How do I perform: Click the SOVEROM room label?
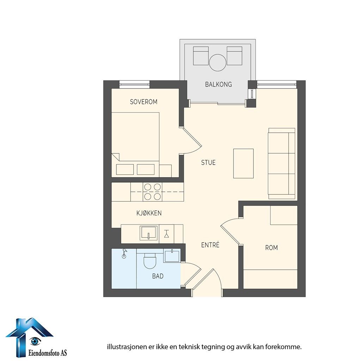click(x=144, y=102)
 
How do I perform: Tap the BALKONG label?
click(x=218, y=85)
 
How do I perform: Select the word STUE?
click(x=208, y=163)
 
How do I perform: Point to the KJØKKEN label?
click(x=149, y=213)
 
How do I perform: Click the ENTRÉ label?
click(x=210, y=245)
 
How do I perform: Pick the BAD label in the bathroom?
click(x=158, y=276)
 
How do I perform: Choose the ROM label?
click(x=271, y=248)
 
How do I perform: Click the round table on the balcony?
click(x=218, y=62)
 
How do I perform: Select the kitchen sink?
click(x=149, y=233)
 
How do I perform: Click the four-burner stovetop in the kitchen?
click(x=152, y=192)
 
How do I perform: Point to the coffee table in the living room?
click(x=243, y=164)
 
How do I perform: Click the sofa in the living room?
click(x=281, y=164)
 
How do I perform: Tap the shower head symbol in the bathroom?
click(x=124, y=253)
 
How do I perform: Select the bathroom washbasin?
click(x=172, y=256)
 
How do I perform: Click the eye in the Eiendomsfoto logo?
click(x=35, y=341)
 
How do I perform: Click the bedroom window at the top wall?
click(x=134, y=84)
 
